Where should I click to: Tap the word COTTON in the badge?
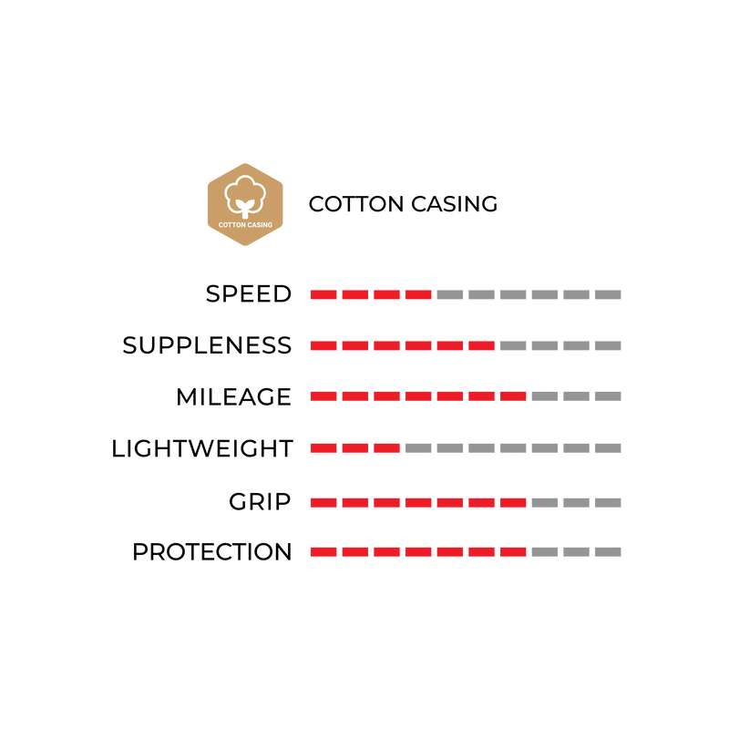click(x=232, y=225)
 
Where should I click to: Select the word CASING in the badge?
click(x=260, y=225)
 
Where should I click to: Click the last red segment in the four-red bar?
click(x=418, y=294)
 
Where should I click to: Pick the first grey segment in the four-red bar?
click(x=450, y=294)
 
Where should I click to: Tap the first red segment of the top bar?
click(x=323, y=294)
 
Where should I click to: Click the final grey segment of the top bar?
click(x=608, y=294)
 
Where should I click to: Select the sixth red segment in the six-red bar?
click(x=481, y=345)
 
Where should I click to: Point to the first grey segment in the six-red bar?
click(x=513, y=345)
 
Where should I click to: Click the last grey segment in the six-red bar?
click(x=608, y=345)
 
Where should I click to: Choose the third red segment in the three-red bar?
click(x=386, y=447)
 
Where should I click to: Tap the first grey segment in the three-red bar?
click(x=418, y=447)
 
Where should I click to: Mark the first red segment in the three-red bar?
click(x=323, y=447)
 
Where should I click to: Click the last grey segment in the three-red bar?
click(x=608, y=447)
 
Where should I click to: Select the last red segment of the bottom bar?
click(x=513, y=551)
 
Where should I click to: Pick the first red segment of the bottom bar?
click(x=323, y=551)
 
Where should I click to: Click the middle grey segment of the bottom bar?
click(x=576, y=551)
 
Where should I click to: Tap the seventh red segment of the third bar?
click(x=513, y=396)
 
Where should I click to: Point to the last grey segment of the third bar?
click(x=608, y=396)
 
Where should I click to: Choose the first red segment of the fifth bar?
click(x=323, y=502)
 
